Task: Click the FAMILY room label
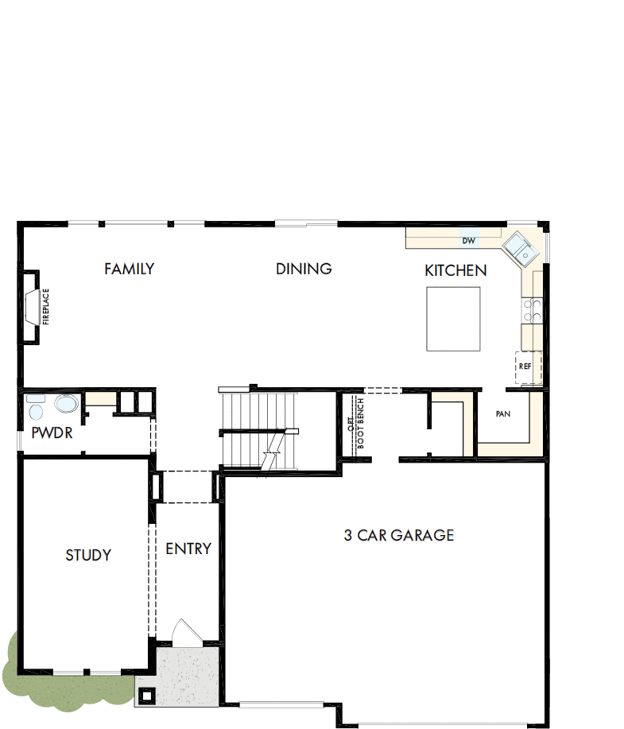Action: click(x=129, y=269)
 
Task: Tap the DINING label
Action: click(x=304, y=269)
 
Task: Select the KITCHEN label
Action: click(x=455, y=271)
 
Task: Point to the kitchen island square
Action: click(x=453, y=319)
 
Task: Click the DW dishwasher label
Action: click(x=468, y=240)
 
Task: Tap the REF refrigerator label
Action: click(x=525, y=366)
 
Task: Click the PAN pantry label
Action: click(x=502, y=414)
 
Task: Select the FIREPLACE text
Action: click(x=46, y=307)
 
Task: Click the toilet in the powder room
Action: click(x=35, y=407)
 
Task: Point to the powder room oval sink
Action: click(x=66, y=406)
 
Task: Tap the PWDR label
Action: click(x=52, y=433)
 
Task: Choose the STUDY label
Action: click(x=88, y=555)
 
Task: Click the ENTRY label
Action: click(x=188, y=549)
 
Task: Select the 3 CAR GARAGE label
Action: click(x=398, y=535)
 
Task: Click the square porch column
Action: click(x=147, y=695)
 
